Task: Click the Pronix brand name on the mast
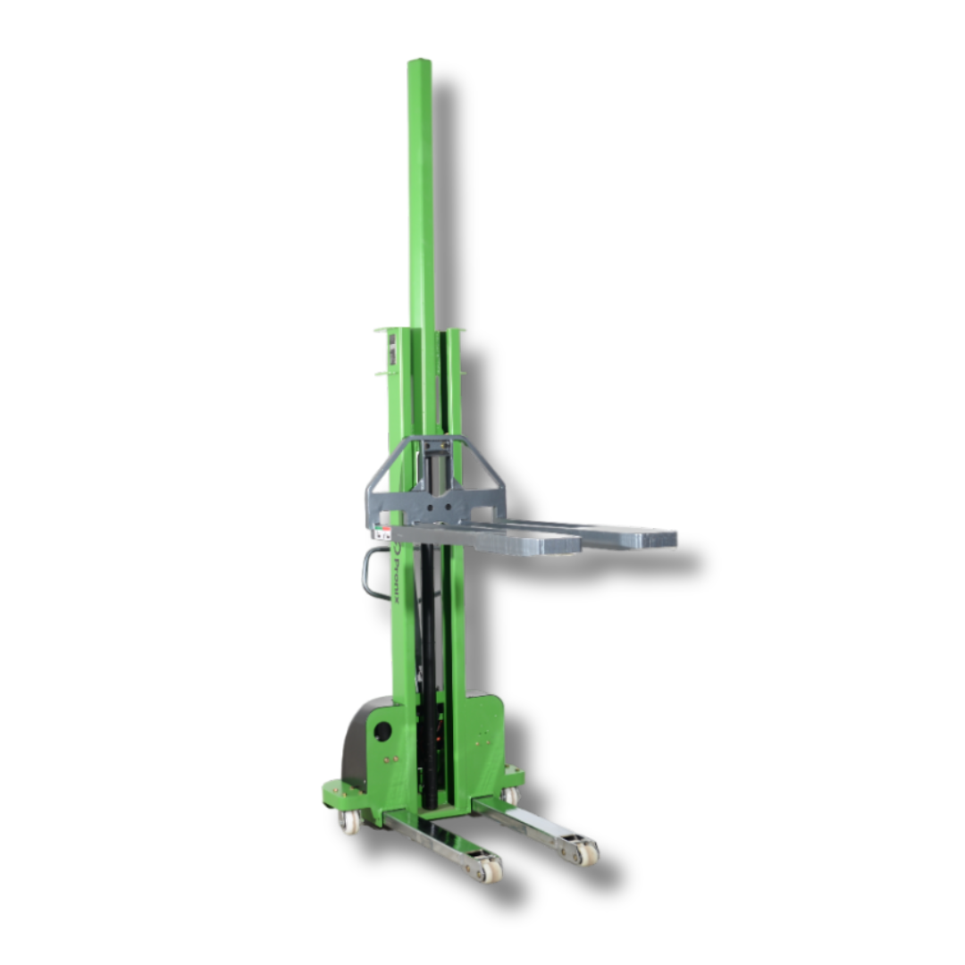[x=397, y=576]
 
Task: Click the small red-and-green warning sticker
[x=382, y=533]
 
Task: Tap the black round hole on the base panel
[x=382, y=731]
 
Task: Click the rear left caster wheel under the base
[x=348, y=820]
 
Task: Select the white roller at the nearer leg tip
[x=490, y=868]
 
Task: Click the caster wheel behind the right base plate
[x=510, y=794]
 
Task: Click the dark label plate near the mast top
[x=390, y=354]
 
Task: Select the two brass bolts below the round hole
[x=390, y=759]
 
